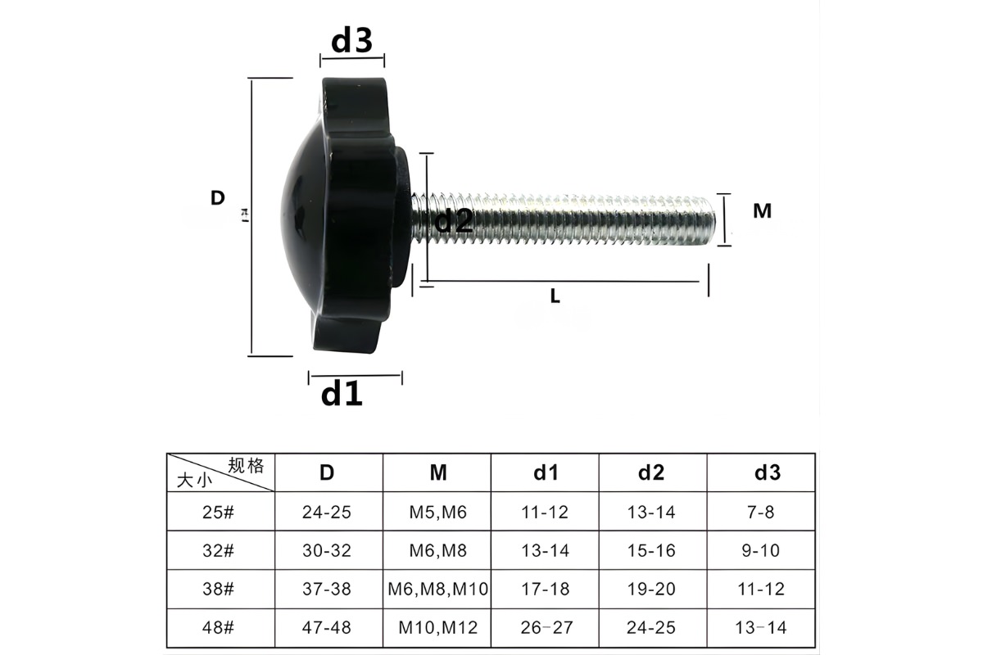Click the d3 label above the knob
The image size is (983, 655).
click(x=351, y=40)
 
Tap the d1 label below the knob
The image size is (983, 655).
click(x=342, y=394)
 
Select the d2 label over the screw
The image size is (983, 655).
click(x=453, y=220)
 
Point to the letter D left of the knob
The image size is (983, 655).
click(x=217, y=198)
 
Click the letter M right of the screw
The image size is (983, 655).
click(x=762, y=211)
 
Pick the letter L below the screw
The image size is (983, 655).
click(x=555, y=297)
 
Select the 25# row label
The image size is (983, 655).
click(x=219, y=513)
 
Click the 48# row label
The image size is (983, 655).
click(x=219, y=628)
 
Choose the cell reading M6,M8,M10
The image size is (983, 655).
click(x=437, y=589)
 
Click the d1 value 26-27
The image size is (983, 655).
click(x=546, y=628)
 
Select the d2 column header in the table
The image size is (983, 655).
click(x=652, y=472)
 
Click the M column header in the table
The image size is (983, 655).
click(x=437, y=472)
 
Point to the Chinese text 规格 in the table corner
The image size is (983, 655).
click(x=246, y=466)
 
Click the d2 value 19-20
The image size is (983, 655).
click(x=653, y=589)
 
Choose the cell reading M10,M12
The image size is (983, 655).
click(x=437, y=628)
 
